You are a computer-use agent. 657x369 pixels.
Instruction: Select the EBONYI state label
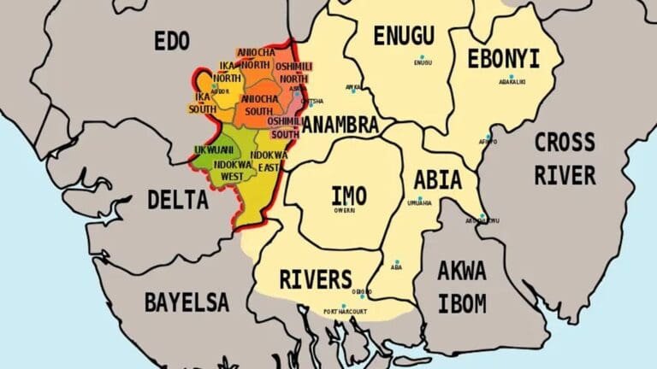point(503,58)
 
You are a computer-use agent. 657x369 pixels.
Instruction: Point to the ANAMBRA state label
point(340,126)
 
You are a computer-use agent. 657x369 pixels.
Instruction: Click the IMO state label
point(348,195)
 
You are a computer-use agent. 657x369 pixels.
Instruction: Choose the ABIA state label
point(437,180)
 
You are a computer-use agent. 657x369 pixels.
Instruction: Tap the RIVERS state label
point(315,279)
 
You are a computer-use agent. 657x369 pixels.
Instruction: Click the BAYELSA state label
point(186,302)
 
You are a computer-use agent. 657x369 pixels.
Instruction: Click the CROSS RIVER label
point(565,159)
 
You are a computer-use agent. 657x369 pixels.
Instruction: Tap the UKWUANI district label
point(215,149)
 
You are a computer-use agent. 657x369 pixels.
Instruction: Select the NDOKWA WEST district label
point(233,170)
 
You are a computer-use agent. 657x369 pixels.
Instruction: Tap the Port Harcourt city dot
point(344,306)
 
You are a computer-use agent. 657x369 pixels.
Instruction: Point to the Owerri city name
point(344,209)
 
